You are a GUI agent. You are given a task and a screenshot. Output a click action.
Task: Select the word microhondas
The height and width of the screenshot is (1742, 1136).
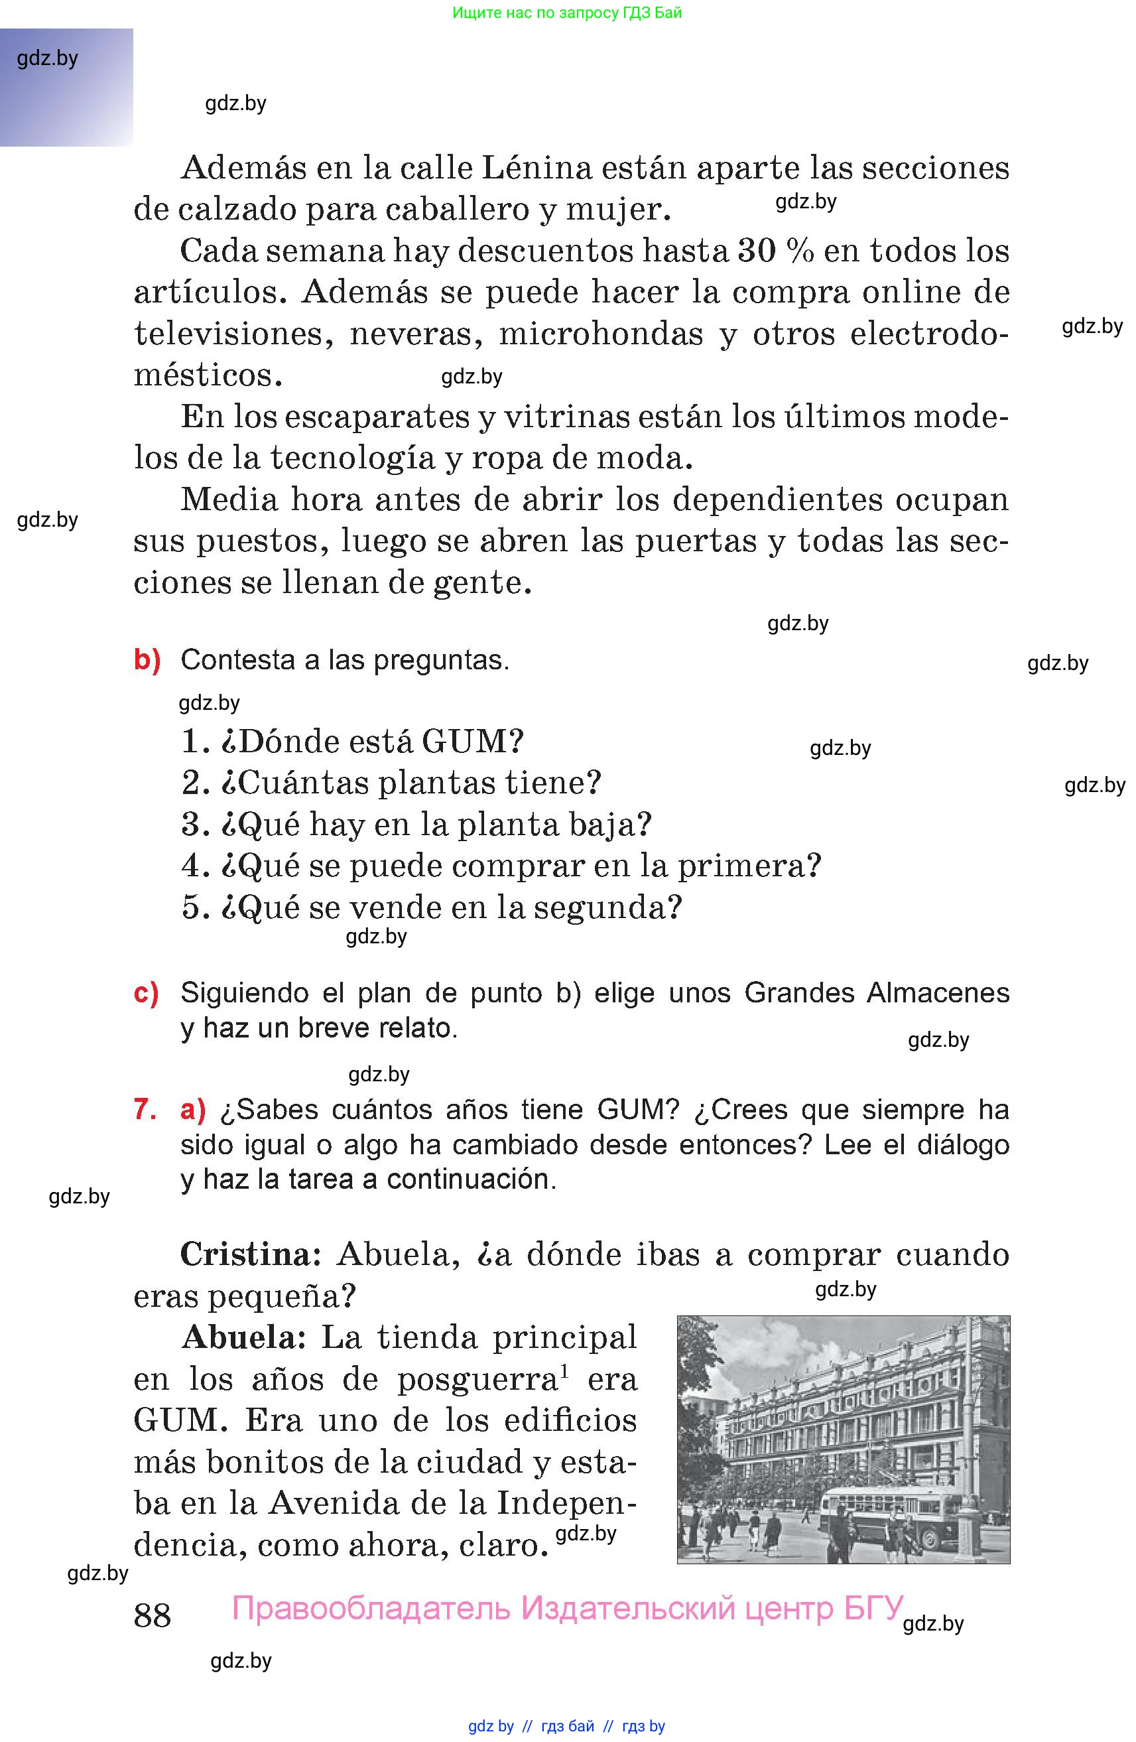tap(601, 334)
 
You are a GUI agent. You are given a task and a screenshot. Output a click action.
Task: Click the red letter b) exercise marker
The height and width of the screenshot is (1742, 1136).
tap(147, 659)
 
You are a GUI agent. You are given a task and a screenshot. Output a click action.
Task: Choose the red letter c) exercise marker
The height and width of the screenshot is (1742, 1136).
tap(146, 992)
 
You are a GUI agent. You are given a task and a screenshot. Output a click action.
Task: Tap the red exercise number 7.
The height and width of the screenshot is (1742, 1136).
tap(144, 1110)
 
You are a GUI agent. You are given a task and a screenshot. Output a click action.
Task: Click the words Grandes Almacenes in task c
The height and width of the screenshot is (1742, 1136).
tap(876, 993)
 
